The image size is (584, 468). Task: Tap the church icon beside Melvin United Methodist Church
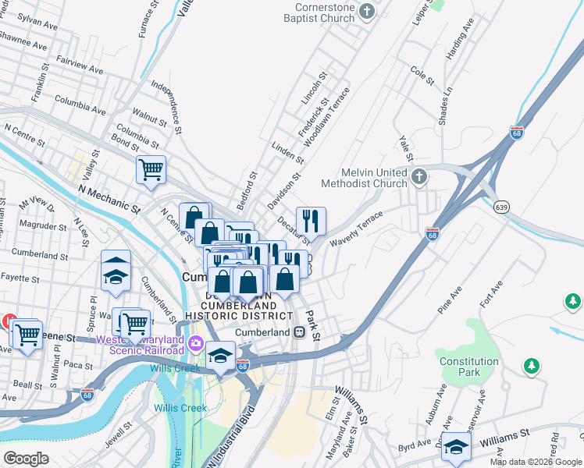(x=420, y=175)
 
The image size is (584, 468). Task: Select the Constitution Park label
(x=468, y=367)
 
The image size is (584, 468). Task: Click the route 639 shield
(x=502, y=207)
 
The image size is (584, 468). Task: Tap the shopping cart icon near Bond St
(x=151, y=169)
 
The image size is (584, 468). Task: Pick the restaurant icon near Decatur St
(x=311, y=222)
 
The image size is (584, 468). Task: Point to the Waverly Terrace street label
(x=356, y=229)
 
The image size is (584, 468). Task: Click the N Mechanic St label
(x=109, y=199)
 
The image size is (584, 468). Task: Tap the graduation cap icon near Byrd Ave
(x=455, y=447)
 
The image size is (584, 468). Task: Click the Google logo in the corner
(x=26, y=458)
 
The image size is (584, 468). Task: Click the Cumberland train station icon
(x=299, y=331)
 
